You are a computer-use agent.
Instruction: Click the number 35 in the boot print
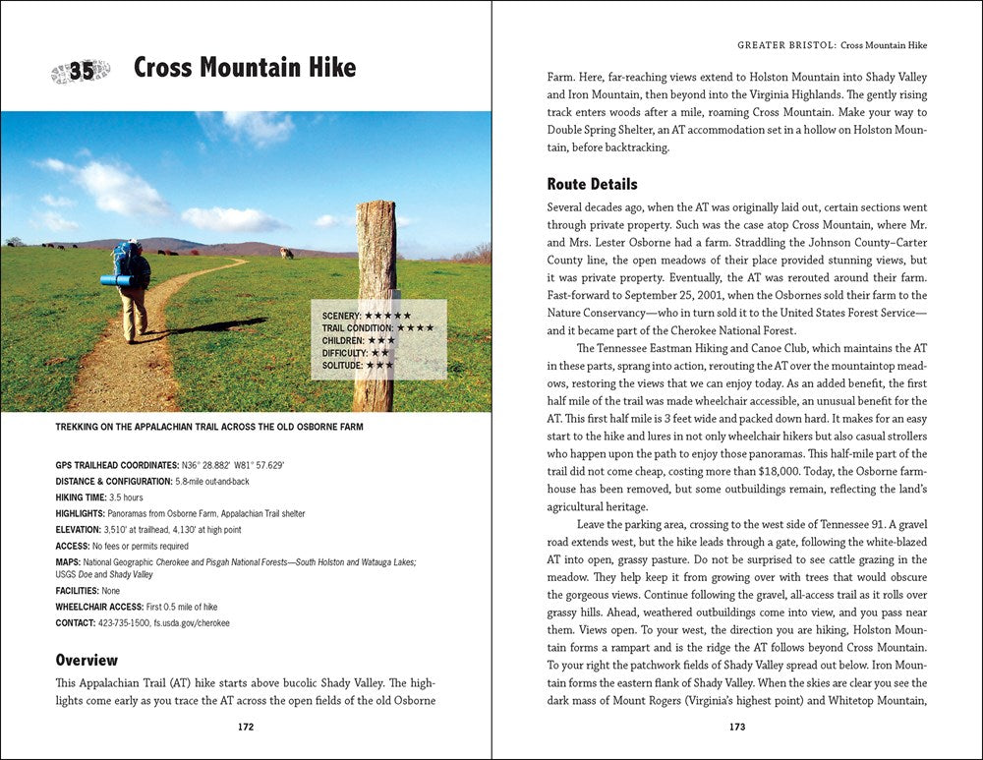[82, 71]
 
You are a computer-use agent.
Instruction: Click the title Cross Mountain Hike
[245, 68]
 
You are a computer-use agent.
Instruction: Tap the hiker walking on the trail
[129, 290]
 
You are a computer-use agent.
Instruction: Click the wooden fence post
[375, 304]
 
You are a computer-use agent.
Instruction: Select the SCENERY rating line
[368, 315]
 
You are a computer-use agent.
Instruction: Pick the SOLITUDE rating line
[358, 365]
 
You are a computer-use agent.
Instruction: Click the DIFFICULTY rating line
[356, 352]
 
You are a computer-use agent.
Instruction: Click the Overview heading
[87, 660]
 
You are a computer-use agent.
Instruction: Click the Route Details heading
[592, 184]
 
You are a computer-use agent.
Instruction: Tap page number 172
[246, 728]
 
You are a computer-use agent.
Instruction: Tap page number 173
[737, 728]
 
